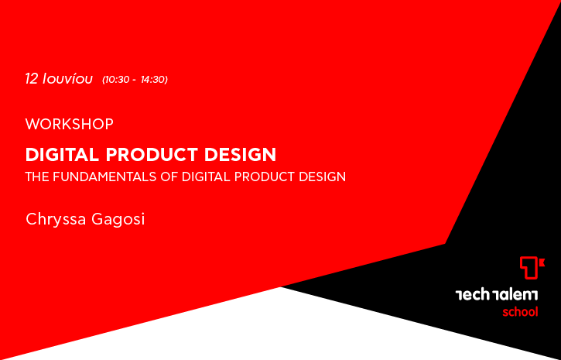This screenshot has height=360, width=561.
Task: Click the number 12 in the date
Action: coord(31,79)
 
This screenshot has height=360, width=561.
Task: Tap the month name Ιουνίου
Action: coord(67,79)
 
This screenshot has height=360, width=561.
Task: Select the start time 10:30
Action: coord(116,80)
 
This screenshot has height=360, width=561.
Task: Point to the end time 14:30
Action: coord(152,80)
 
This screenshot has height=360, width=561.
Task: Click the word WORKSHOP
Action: coord(70,124)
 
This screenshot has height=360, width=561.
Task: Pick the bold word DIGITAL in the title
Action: coord(62,155)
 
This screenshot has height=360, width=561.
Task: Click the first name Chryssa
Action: coord(56,219)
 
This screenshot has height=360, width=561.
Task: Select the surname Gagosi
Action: coord(118,219)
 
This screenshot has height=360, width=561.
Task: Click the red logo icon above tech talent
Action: coord(532,267)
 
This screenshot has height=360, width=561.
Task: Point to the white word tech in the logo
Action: coord(472,295)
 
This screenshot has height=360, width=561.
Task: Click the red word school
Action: coord(520,312)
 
